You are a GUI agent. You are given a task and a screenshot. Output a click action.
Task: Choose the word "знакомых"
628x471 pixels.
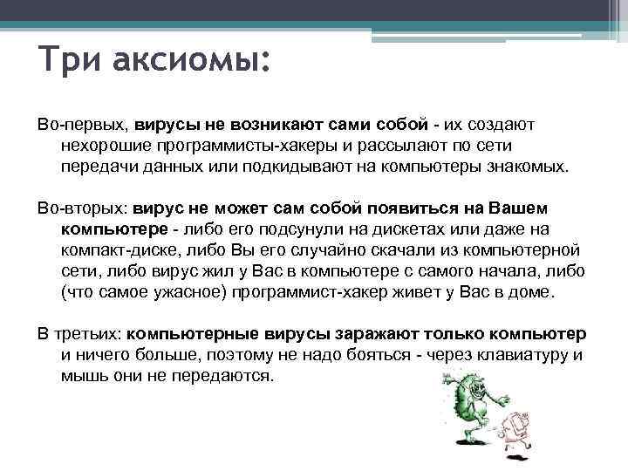530,167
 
